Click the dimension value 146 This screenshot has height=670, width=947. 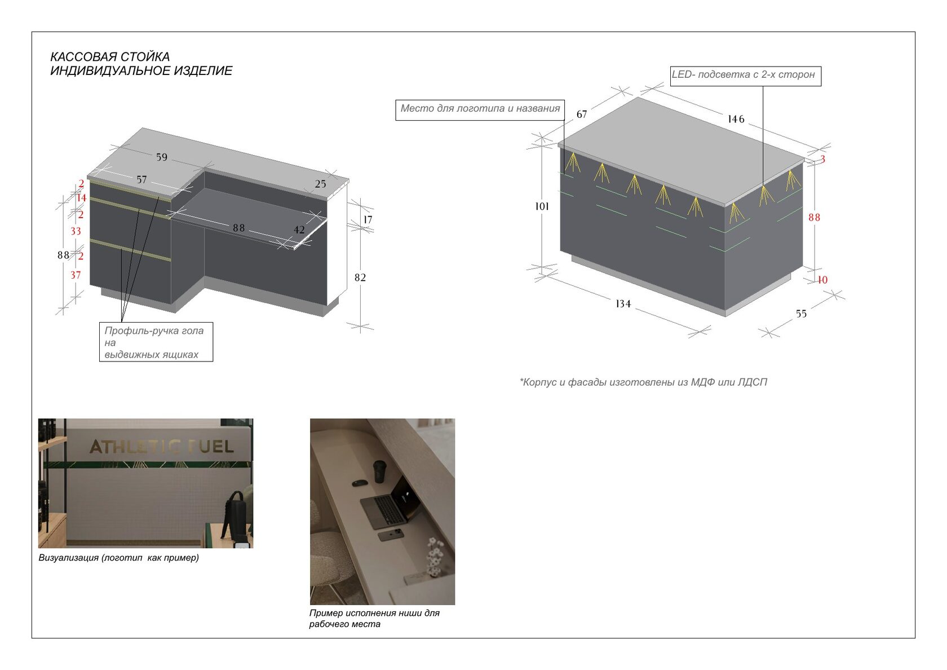736,120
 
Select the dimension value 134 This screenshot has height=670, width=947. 623,303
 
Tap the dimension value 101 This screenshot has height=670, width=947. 542,206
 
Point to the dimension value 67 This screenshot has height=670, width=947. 582,114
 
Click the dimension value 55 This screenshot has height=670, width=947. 801,314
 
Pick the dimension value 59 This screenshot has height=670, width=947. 162,157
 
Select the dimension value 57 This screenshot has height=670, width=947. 141,180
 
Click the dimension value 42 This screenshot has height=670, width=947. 299,230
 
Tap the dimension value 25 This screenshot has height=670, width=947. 320,184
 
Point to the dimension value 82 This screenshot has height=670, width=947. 360,277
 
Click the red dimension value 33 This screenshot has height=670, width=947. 76,231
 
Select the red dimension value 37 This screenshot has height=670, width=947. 76,275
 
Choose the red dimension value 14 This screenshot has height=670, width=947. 82,198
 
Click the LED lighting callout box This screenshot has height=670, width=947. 746,76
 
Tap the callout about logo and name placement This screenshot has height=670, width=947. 480,110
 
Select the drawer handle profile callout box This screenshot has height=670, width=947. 156,342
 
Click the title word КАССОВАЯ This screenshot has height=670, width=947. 81,56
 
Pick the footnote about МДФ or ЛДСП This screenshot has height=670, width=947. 643,382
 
